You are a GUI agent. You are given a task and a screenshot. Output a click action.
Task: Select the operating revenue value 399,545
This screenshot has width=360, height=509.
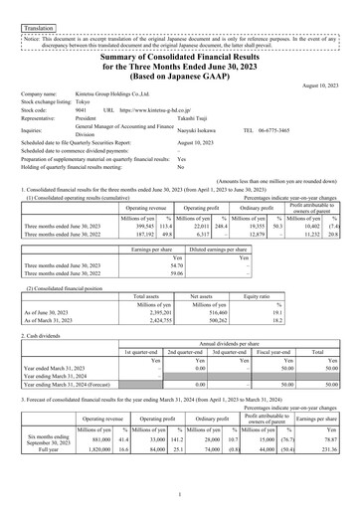(145, 199)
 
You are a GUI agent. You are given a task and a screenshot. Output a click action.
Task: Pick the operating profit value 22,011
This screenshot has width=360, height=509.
(199, 199)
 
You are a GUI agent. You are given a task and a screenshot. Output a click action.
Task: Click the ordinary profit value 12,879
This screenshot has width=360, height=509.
(257, 206)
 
